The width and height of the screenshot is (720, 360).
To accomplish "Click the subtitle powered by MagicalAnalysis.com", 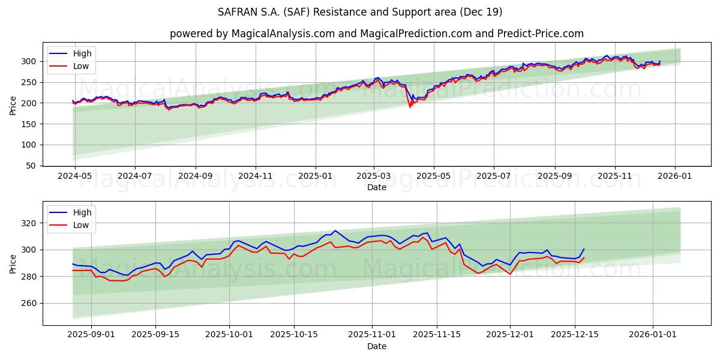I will (376, 34).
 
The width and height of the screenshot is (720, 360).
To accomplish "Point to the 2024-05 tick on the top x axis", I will (75, 176).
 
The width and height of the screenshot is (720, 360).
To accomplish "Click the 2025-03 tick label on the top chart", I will (374, 176).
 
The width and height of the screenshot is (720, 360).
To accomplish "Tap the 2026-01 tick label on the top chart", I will (675, 176).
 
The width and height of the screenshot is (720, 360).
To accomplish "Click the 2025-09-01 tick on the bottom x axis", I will (91, 335).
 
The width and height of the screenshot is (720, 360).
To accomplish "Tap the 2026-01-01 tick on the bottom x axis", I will (653, 335).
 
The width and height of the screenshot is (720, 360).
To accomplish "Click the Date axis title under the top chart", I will (376, 187).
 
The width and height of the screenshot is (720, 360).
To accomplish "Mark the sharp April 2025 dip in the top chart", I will (410, 107).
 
